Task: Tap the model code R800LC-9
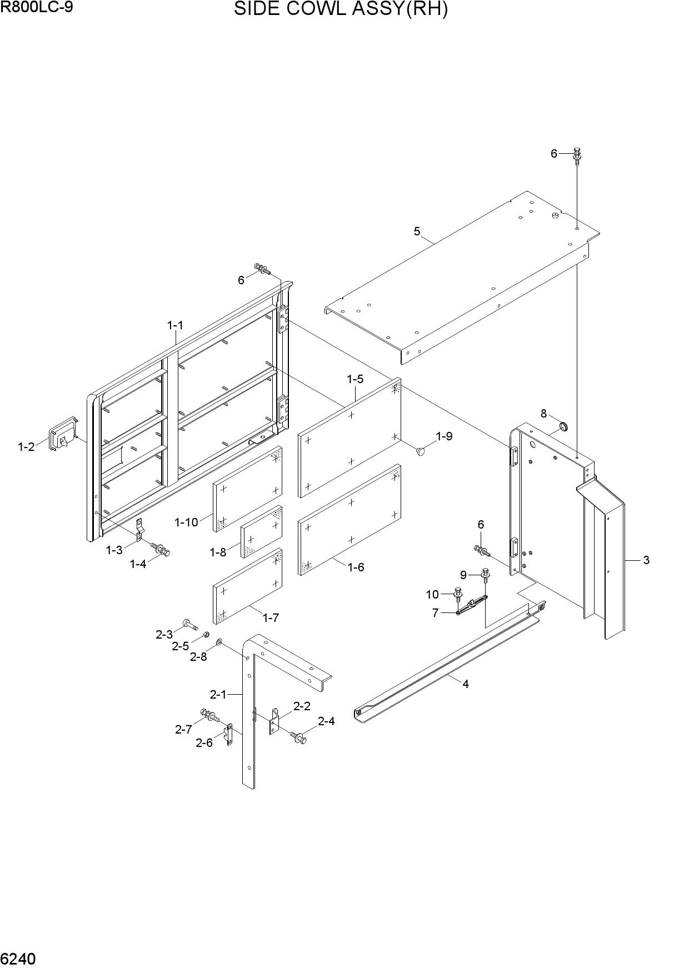(x=37, y=8)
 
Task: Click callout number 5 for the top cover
(x=417, y=232)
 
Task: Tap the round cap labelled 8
(x=563, y=427)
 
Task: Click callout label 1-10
(x=186, y=523)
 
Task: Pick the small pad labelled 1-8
(x=261, y=532)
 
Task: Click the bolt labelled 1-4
(x=161, y=549)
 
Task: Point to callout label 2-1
(x=218, y=694)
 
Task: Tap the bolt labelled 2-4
(x=298, y=737)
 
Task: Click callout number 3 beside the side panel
(x=646, y=560)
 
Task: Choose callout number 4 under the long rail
(x=466, y=684)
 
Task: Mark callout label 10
(x=432, y=595)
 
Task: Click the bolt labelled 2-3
(x=189, y=625)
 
